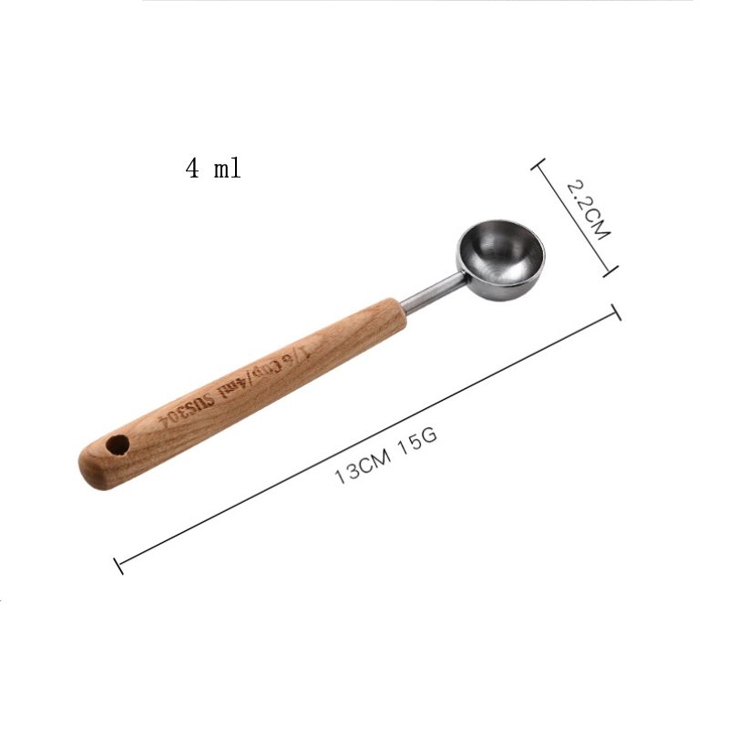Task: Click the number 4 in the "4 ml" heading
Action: pos(192,169)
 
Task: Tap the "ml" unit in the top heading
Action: pos(227,169)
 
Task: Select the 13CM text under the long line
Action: pos(362,466)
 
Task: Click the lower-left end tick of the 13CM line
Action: pos(118,564)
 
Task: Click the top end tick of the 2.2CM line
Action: pos(537,165)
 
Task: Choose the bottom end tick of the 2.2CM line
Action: pos(610,270)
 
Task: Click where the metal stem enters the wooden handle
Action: pos(402,307)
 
